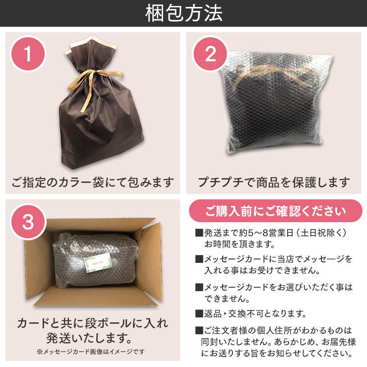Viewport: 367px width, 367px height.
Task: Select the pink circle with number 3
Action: point(28,222)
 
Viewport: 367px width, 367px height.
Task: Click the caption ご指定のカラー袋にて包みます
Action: point(93,182)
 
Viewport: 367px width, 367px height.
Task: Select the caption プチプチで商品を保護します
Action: point(274,182)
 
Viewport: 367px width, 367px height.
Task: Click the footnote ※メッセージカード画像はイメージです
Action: point(90,352)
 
